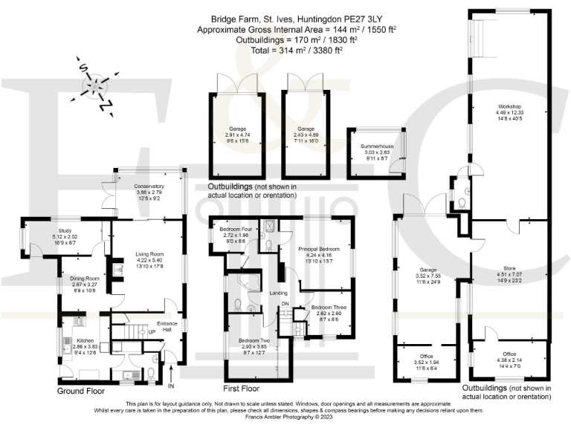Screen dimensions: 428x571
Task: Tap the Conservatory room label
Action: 148,187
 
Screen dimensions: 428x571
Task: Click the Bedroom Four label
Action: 235,229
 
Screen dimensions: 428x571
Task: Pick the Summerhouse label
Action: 374,148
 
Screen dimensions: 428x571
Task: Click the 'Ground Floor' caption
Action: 81,389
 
